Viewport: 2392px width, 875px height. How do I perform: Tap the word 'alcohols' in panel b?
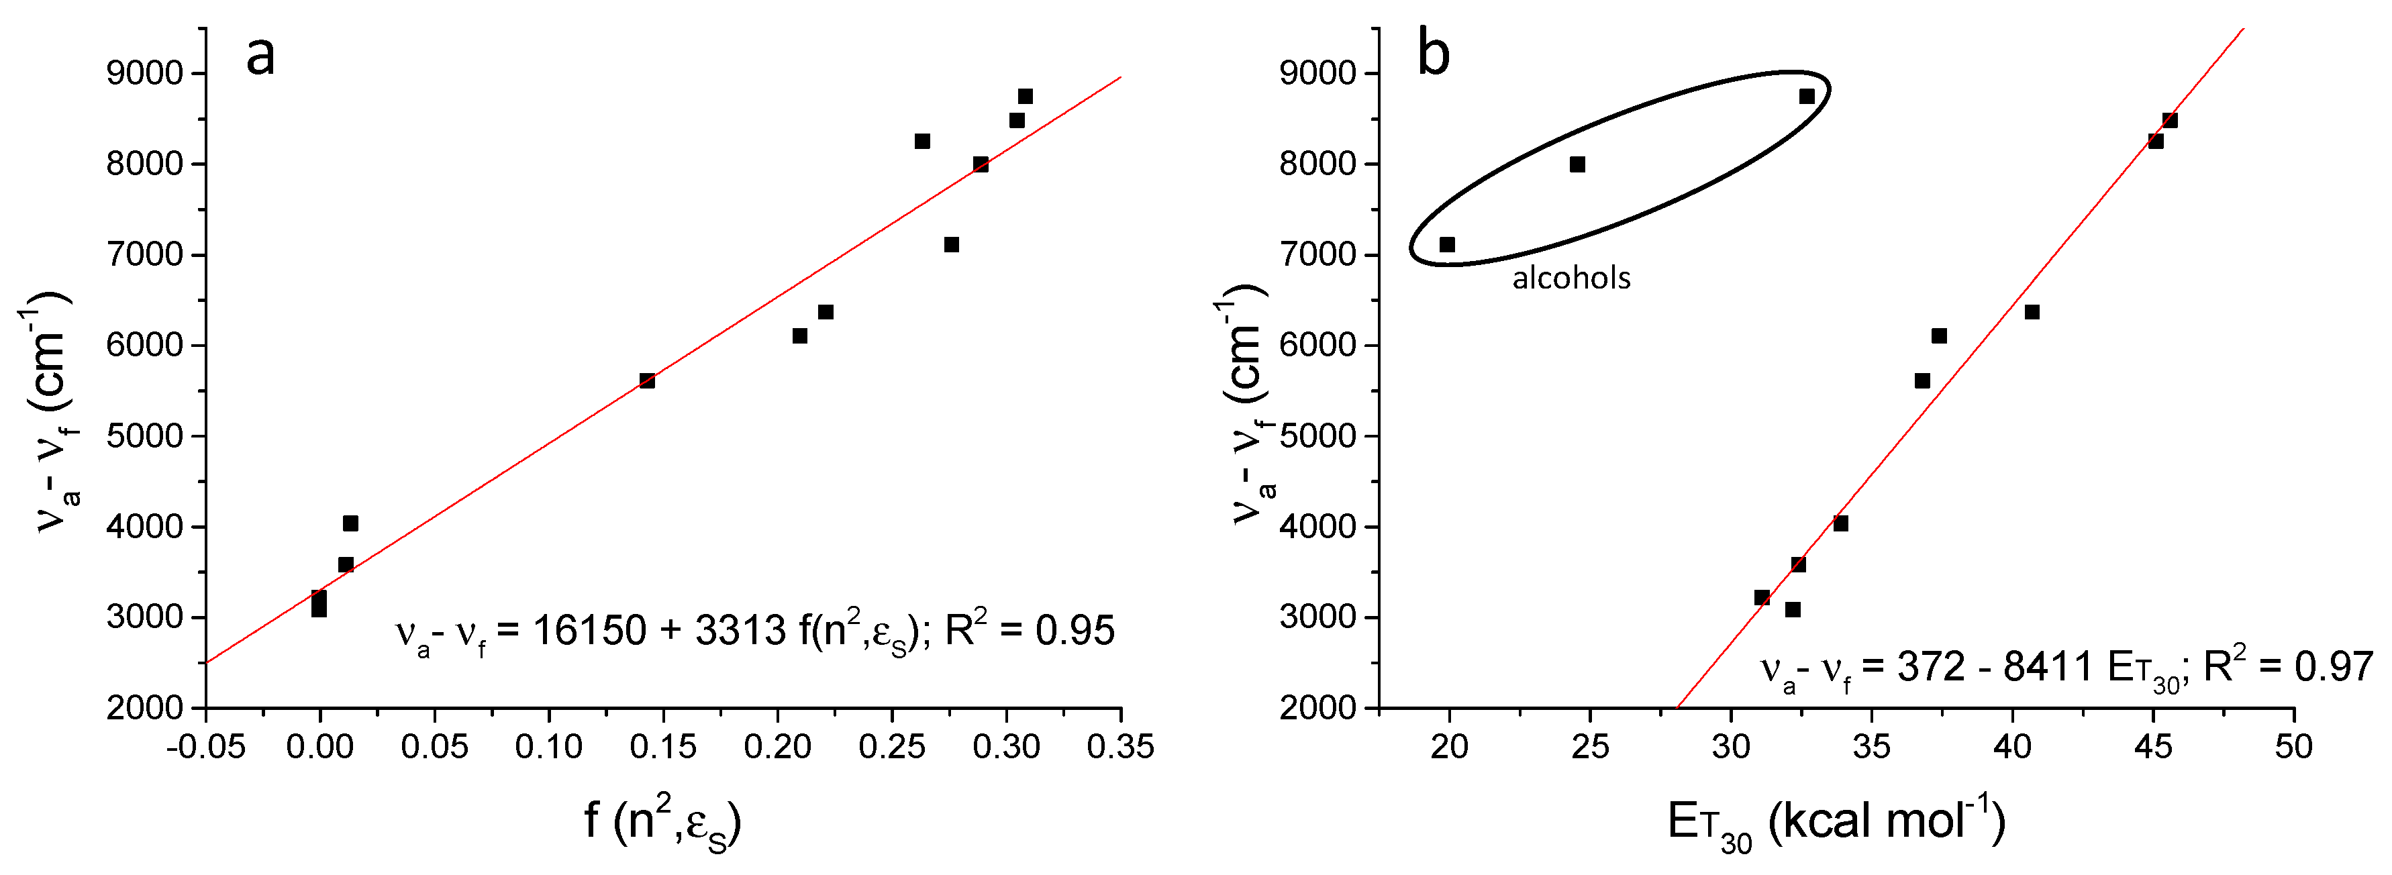(x=1571, y=278)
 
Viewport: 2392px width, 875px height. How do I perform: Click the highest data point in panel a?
(x=1025, y=97)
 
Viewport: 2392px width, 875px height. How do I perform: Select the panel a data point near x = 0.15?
(x=647, y=380)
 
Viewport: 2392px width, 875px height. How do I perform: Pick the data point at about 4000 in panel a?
(x=350, y=523)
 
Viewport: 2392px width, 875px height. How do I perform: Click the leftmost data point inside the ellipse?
(x=1447, y=245)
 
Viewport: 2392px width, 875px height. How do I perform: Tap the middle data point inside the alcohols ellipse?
(x=1577, y=164)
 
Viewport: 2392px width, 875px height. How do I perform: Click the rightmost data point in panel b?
(x=2170, y=121)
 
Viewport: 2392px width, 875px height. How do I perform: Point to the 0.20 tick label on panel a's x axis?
(x=777, y=746)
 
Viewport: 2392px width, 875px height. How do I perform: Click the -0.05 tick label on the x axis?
(x=206, y=746)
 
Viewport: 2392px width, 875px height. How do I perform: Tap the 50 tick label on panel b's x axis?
(x=2293, y=746)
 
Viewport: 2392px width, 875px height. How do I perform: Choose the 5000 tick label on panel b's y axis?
(x=1319, y=436)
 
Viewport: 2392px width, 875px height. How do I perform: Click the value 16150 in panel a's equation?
(x=590, y=631)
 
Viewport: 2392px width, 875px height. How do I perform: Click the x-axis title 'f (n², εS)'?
(x=662, y=822)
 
